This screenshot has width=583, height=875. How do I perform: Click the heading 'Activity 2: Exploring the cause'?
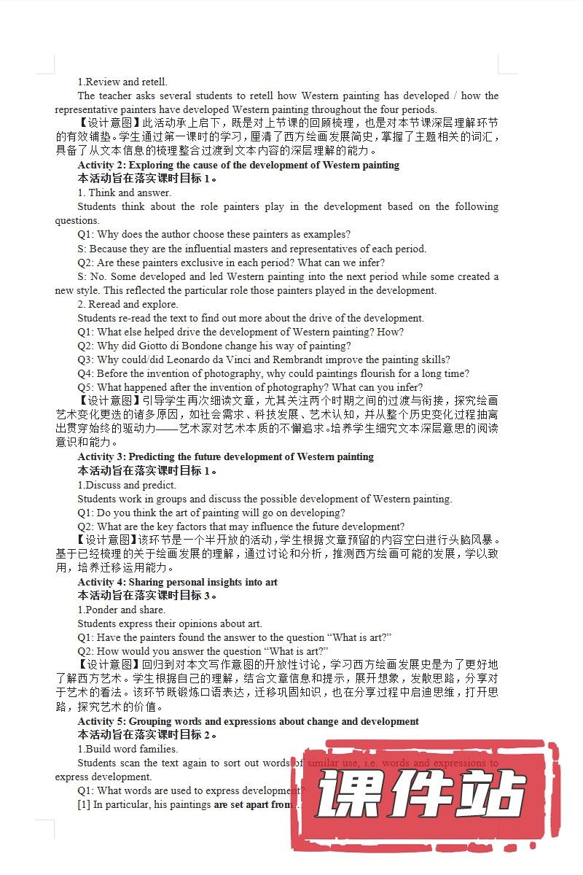(x=238, y=165)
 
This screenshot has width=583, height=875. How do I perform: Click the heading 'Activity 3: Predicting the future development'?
(x=225, y=456)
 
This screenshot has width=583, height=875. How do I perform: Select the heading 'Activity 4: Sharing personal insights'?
(x=177, y=582)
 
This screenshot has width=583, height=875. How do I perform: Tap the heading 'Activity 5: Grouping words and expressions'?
(x=248, y=721)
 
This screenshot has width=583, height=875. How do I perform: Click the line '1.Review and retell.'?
(x=122, y=82)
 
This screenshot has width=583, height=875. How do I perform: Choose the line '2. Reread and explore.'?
(x=128, y=304)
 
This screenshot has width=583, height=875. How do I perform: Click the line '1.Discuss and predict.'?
(x=127, y=485)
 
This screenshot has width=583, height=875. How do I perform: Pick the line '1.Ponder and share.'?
(x=122, y=610)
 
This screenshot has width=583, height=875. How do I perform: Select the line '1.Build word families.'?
(x=128, y=749)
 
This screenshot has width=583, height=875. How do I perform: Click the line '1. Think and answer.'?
(x=125, y=192)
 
